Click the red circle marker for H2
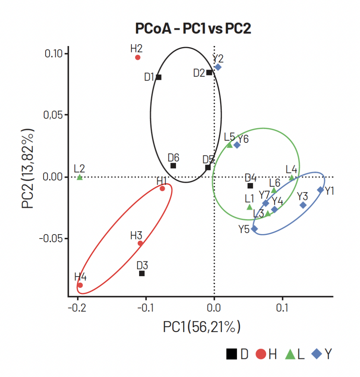click(138, 57)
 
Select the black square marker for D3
click(142, 273)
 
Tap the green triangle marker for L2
click(80, 177)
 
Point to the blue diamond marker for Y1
click(320, 190)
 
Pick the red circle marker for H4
click(80, 285)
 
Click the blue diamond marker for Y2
click(218, 67)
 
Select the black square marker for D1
click(159, 77)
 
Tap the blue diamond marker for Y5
click(254, 229)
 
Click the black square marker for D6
click(173, 166)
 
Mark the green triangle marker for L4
click(292, 177)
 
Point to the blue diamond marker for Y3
click(303, 205)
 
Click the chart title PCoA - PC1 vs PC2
click(193, 28)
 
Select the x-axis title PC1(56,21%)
click(202, 327)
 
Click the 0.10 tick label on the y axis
click(55, 53)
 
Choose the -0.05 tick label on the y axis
click(52, 239)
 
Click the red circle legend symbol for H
click(261, 355)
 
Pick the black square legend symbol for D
click(231, 355)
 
